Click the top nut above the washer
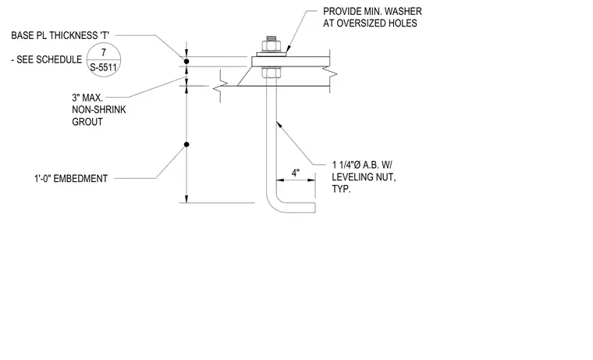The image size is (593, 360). click(271, 46)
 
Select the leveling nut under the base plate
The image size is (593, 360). click(271, 73)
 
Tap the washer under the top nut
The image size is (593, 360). click(271, 55)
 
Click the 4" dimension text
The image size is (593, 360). click(296, 173)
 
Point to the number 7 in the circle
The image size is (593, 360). click(104, 52)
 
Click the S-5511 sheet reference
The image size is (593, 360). click(103, 68)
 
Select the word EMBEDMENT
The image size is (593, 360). click(80, 178)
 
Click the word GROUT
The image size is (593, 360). click(87, 122)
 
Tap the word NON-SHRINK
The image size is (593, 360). click(99, 110)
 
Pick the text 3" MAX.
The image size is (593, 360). click(87, 98)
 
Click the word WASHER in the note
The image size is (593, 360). click(403, 12)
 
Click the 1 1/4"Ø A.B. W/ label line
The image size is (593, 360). click(362, 165)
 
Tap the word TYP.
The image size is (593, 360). click(341, 189)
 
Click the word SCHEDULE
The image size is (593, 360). click(59, 59)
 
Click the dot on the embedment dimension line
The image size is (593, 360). click(186, 144)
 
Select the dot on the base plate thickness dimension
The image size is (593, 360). click(186, 62)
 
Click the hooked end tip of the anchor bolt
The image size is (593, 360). click(315, 208)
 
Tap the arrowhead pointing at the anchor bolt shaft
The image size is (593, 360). click(279, 124)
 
